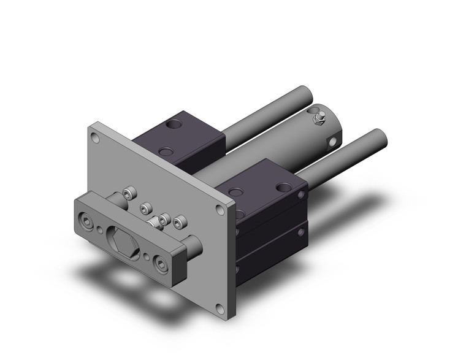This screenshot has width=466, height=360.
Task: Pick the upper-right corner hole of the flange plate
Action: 220,210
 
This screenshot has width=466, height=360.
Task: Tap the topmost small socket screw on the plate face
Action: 129,193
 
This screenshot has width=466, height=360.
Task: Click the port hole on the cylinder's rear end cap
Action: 332,142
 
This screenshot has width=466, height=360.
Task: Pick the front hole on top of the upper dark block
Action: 164,151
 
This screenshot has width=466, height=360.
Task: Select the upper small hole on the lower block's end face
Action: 302,195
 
